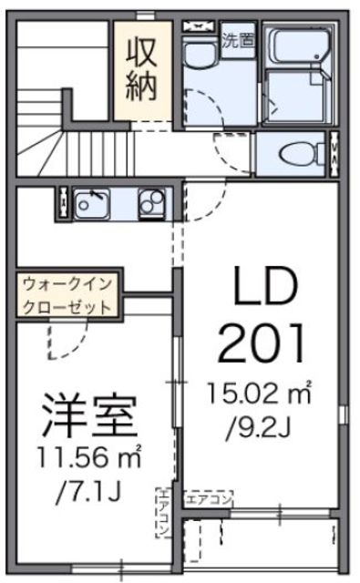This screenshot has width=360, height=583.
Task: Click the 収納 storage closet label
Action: click(142, 68)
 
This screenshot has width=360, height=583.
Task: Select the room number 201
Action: click(263, 345)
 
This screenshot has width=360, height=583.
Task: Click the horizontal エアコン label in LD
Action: click(210, 498)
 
